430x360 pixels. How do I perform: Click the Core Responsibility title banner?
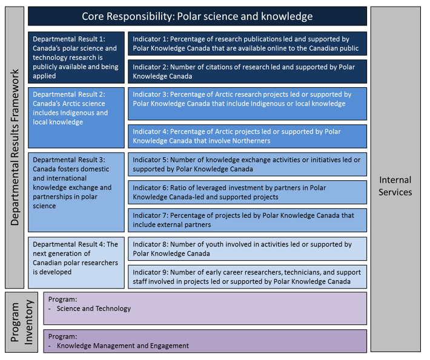tap(197, 16)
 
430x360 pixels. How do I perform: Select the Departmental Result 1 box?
tap(76, 57)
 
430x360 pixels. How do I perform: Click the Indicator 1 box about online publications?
tap(247, 44)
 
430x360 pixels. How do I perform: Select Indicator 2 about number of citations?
tap(247, 71)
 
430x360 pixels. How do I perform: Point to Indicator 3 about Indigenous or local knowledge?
tap(247, 103)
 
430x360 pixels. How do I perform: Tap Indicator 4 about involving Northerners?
tap(247, 136)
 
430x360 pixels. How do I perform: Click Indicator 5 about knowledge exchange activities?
tap(247, 164)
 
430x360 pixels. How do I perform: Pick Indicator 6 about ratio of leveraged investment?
tap(247, 192)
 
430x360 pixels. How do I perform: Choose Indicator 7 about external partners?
tap(247, 220)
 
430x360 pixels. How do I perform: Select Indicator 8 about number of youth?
tap(247, 249)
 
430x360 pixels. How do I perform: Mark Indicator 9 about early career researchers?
tap(247, 277)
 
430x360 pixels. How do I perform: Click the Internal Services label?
tap(395, 186)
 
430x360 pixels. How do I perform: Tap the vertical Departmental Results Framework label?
tap(15, 147)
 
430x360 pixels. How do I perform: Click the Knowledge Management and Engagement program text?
tap(122, 346)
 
